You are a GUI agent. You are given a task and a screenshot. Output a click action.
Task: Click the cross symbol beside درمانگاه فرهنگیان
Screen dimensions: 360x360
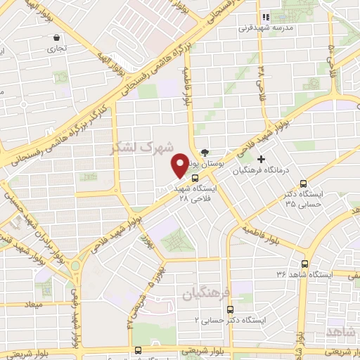pos(262,159)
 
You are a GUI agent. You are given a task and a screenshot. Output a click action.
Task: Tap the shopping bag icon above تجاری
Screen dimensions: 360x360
pos(56,38)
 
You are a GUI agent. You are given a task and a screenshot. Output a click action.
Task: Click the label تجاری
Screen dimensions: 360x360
pos(55,49)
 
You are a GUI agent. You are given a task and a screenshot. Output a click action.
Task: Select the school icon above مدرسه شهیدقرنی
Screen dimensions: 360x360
pos(266,17)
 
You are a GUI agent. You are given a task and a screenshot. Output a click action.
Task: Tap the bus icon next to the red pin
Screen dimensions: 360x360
pos(195,178)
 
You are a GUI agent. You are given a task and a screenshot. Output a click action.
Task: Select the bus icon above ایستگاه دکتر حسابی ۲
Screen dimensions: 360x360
pos(236,308)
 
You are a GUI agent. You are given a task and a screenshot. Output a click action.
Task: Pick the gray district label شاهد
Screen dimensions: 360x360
pos(342,331)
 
